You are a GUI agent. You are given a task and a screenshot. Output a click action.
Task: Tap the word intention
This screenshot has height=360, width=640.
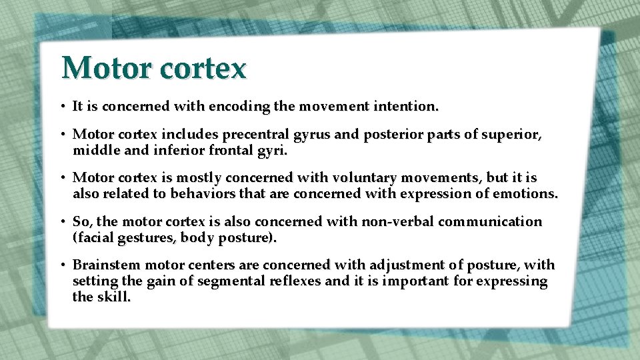tap(409, 106)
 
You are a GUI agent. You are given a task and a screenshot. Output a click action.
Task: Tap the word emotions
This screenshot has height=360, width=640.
tap(527, 195)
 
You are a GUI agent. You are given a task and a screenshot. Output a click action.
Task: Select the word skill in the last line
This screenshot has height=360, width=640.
tap(113, 297)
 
